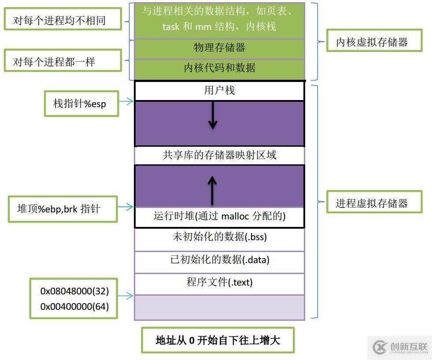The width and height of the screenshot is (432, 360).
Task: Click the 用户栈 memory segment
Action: click(x=219, y=91)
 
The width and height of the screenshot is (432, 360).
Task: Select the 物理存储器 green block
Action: click(x=219, y=48)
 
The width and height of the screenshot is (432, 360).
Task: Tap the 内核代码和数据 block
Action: click(x=219, y=68)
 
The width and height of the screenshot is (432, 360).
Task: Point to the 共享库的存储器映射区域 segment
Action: click(x=219, y=155)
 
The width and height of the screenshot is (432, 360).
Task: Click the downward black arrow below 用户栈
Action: click(x=213, y=116)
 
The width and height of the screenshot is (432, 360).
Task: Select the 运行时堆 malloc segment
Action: click(x=219, y=216)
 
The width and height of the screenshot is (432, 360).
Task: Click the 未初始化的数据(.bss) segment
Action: click(x=219, y=237)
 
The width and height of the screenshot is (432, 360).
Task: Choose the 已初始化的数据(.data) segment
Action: click(x=219, y=260)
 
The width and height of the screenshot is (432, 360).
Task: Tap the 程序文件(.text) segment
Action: click(x=219, y=282)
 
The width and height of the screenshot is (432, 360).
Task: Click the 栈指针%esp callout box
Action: click(x=81, y=104)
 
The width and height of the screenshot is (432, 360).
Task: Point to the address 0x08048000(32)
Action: click(x=74, y=291)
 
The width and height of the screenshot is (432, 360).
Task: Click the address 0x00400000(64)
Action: click(x=74, y=306)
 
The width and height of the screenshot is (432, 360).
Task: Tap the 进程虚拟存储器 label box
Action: click(x=373, y=203)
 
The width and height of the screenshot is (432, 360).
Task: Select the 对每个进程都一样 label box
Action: click(x=62, y=61)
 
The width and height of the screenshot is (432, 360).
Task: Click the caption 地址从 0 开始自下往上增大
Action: click(x=218, y=340)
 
